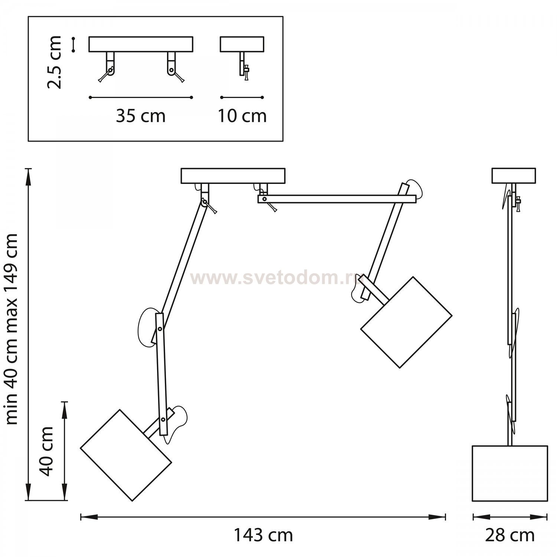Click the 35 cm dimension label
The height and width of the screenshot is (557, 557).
click(140, 116)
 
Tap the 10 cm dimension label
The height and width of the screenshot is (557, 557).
click(242, 116)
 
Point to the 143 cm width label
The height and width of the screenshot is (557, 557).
click(263, 535)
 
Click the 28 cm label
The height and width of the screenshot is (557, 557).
click(510, 535)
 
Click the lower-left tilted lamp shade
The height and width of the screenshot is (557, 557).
click(126, 455)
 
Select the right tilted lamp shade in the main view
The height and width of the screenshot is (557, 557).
click(406, 322)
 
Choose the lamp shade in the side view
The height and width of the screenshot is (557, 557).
click(510, 473)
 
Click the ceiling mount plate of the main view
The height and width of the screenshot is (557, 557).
click(233, 176)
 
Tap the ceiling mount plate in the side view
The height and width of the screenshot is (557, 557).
click(514, 176)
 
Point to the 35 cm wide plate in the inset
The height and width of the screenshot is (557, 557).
click(141, 44)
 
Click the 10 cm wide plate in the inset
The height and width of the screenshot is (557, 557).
click(242, 44)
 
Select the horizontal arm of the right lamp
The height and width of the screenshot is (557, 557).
click(337, 199)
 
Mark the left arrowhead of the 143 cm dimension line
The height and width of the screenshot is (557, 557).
click(89, 517)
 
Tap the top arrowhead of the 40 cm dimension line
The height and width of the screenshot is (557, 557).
click(65, 410)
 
